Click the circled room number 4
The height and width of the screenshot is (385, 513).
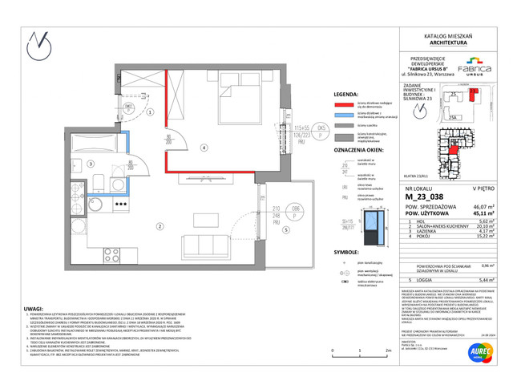coord(204,148)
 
